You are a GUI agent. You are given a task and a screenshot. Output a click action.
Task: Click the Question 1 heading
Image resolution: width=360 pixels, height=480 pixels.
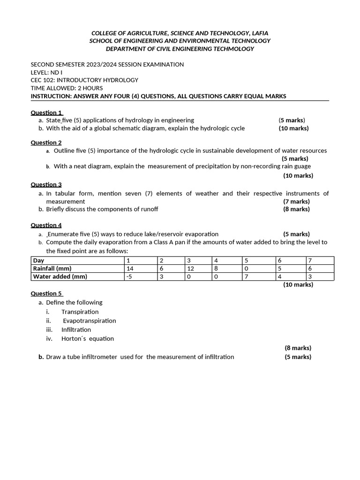pyautogui.click(x=46, y=112)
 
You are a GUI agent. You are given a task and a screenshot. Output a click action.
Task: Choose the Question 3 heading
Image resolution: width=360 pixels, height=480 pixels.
pyautogui.click(x=46, y=185)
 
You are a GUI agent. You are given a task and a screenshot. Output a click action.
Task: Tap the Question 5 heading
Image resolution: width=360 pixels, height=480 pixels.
pyautogui.click(x=46, y=293)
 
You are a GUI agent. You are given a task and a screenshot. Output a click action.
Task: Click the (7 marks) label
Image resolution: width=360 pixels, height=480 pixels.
pyautogui.click(x=296, y=202)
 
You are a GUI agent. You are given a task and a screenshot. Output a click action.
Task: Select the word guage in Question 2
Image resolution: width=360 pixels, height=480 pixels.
pyautogui.click(x=302, y=166)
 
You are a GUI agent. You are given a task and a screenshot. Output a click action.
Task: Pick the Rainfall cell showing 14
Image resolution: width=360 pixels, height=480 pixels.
pyautogui.click(x=130, y=269)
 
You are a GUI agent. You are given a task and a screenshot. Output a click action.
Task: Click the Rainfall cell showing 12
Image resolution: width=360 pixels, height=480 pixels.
pyautogui.click(x=190, y=269)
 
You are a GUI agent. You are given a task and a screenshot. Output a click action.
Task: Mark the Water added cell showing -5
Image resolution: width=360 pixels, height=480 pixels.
pyautogui.click(x=130, y=277)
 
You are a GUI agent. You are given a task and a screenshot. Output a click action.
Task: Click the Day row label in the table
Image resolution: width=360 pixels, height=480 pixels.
pyautogui.click(x=38, y=260)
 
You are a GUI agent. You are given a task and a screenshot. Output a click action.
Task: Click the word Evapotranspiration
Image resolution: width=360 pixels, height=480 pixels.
pyautogui.click(x=89, y=321)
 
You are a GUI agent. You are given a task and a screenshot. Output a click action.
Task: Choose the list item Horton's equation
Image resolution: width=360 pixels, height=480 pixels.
pyautogui.click(x=88, y=338)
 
